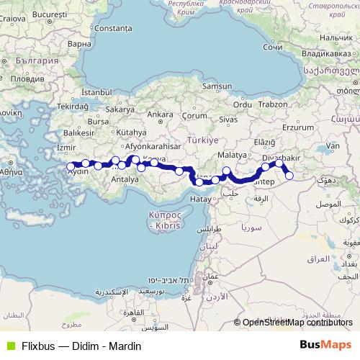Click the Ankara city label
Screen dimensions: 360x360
coord(160,114)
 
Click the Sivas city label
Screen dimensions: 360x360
coord(228,118)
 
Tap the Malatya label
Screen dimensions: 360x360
coord(232,155)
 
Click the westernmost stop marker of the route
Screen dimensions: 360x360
coord(71,166)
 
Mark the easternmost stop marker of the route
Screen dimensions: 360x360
coord(289,175)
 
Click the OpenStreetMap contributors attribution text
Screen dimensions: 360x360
coord(299,323)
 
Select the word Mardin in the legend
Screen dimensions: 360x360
coord(125,346)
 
